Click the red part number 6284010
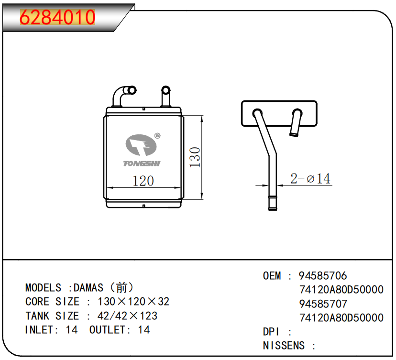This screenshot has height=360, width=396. pos(57,17)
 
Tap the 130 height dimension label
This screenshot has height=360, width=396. pos(195,157)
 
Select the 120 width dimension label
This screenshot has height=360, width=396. pos(143,181)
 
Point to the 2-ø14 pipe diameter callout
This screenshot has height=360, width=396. pos(310,178)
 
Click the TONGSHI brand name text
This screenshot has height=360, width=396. pos(142,164)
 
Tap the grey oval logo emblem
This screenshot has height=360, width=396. pos(141,145)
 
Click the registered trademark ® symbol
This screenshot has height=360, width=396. pos(157,136)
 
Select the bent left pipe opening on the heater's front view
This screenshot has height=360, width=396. pos(132,90)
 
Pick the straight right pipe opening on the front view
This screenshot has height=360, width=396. pos(165,90)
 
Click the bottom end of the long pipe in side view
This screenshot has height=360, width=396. pos(273,208)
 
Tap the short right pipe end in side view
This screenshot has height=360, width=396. pos(294,134)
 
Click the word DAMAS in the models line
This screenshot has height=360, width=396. pos(88,288)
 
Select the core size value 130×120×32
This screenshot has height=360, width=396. pos(133,302)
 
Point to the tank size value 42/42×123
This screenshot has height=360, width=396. pos(127,316)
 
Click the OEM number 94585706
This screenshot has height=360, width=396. pos(323,276)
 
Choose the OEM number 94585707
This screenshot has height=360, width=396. pos(323,304)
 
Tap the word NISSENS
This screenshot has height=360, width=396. pos(284,346)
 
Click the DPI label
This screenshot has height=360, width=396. pos(271,332)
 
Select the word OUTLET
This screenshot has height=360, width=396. pos(108,330)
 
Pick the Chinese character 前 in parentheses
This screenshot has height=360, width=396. pos(121,288)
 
